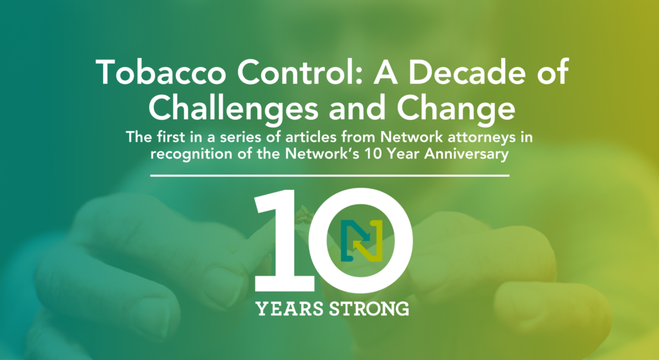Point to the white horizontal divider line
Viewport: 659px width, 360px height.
[x=329, y=175]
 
